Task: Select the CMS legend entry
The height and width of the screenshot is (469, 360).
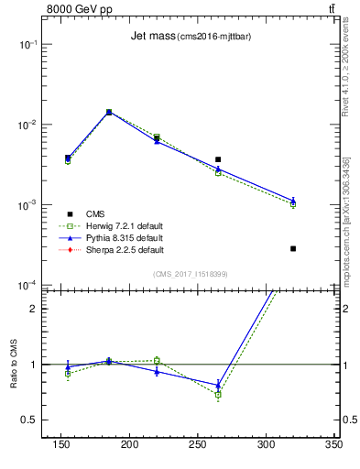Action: pos(95,213)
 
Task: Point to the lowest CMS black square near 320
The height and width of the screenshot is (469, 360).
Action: pos(293,248)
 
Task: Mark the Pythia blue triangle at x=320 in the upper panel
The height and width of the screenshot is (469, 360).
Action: pos(293,200)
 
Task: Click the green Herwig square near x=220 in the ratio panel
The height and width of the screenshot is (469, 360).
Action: pos(157,360)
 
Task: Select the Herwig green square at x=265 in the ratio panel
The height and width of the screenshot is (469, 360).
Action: pos(218,395)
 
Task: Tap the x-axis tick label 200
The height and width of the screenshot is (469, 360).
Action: pos(129,444)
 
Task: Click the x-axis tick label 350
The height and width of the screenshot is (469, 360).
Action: pos(333,444)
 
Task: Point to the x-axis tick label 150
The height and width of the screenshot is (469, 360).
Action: pos(61,444)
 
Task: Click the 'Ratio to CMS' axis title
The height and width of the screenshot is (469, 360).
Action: pos(14,364)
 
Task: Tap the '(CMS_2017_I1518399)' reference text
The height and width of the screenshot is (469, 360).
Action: pos(191,273)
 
